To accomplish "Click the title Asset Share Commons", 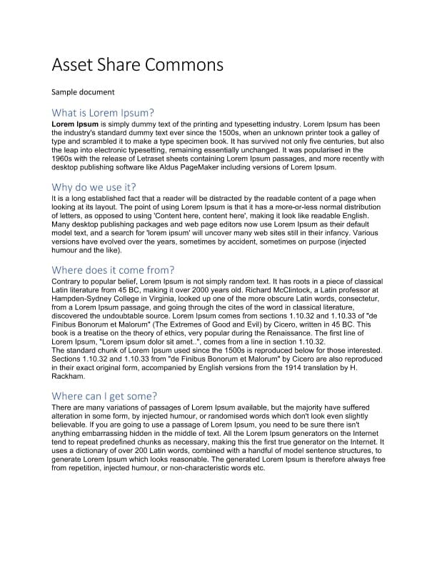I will tap(138, 65).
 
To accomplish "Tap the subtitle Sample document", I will tap(83, 92).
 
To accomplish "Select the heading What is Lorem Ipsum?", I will tap(103, 113).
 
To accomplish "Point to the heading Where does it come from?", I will tap(113, 270).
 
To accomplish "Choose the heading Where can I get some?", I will tap(104, 396).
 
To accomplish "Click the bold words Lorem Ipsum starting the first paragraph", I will tap(75, 124).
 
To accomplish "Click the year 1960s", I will tap(63, 159).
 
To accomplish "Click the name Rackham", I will tap(69, 377).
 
